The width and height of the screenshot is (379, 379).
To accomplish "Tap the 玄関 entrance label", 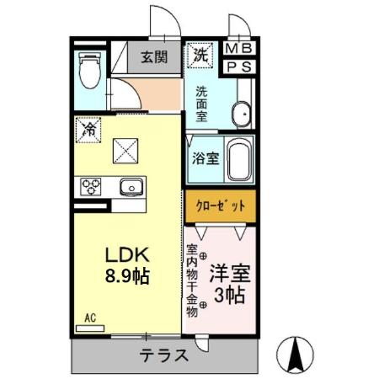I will (x=153, y=58).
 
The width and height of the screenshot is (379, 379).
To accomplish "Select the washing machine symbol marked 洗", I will (x=200, y=56).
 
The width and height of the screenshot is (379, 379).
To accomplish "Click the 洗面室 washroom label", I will (x=202, y=102).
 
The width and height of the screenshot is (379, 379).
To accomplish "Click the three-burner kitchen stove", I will (x=91, y=185).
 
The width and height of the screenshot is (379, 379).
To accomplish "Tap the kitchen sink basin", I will (x=131, y=186).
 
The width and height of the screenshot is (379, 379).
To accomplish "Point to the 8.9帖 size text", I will (x=126, y=276).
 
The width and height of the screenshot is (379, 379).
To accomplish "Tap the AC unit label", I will (x=92, y=318).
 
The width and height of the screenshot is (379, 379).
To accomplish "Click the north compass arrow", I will (x=294, y=354).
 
